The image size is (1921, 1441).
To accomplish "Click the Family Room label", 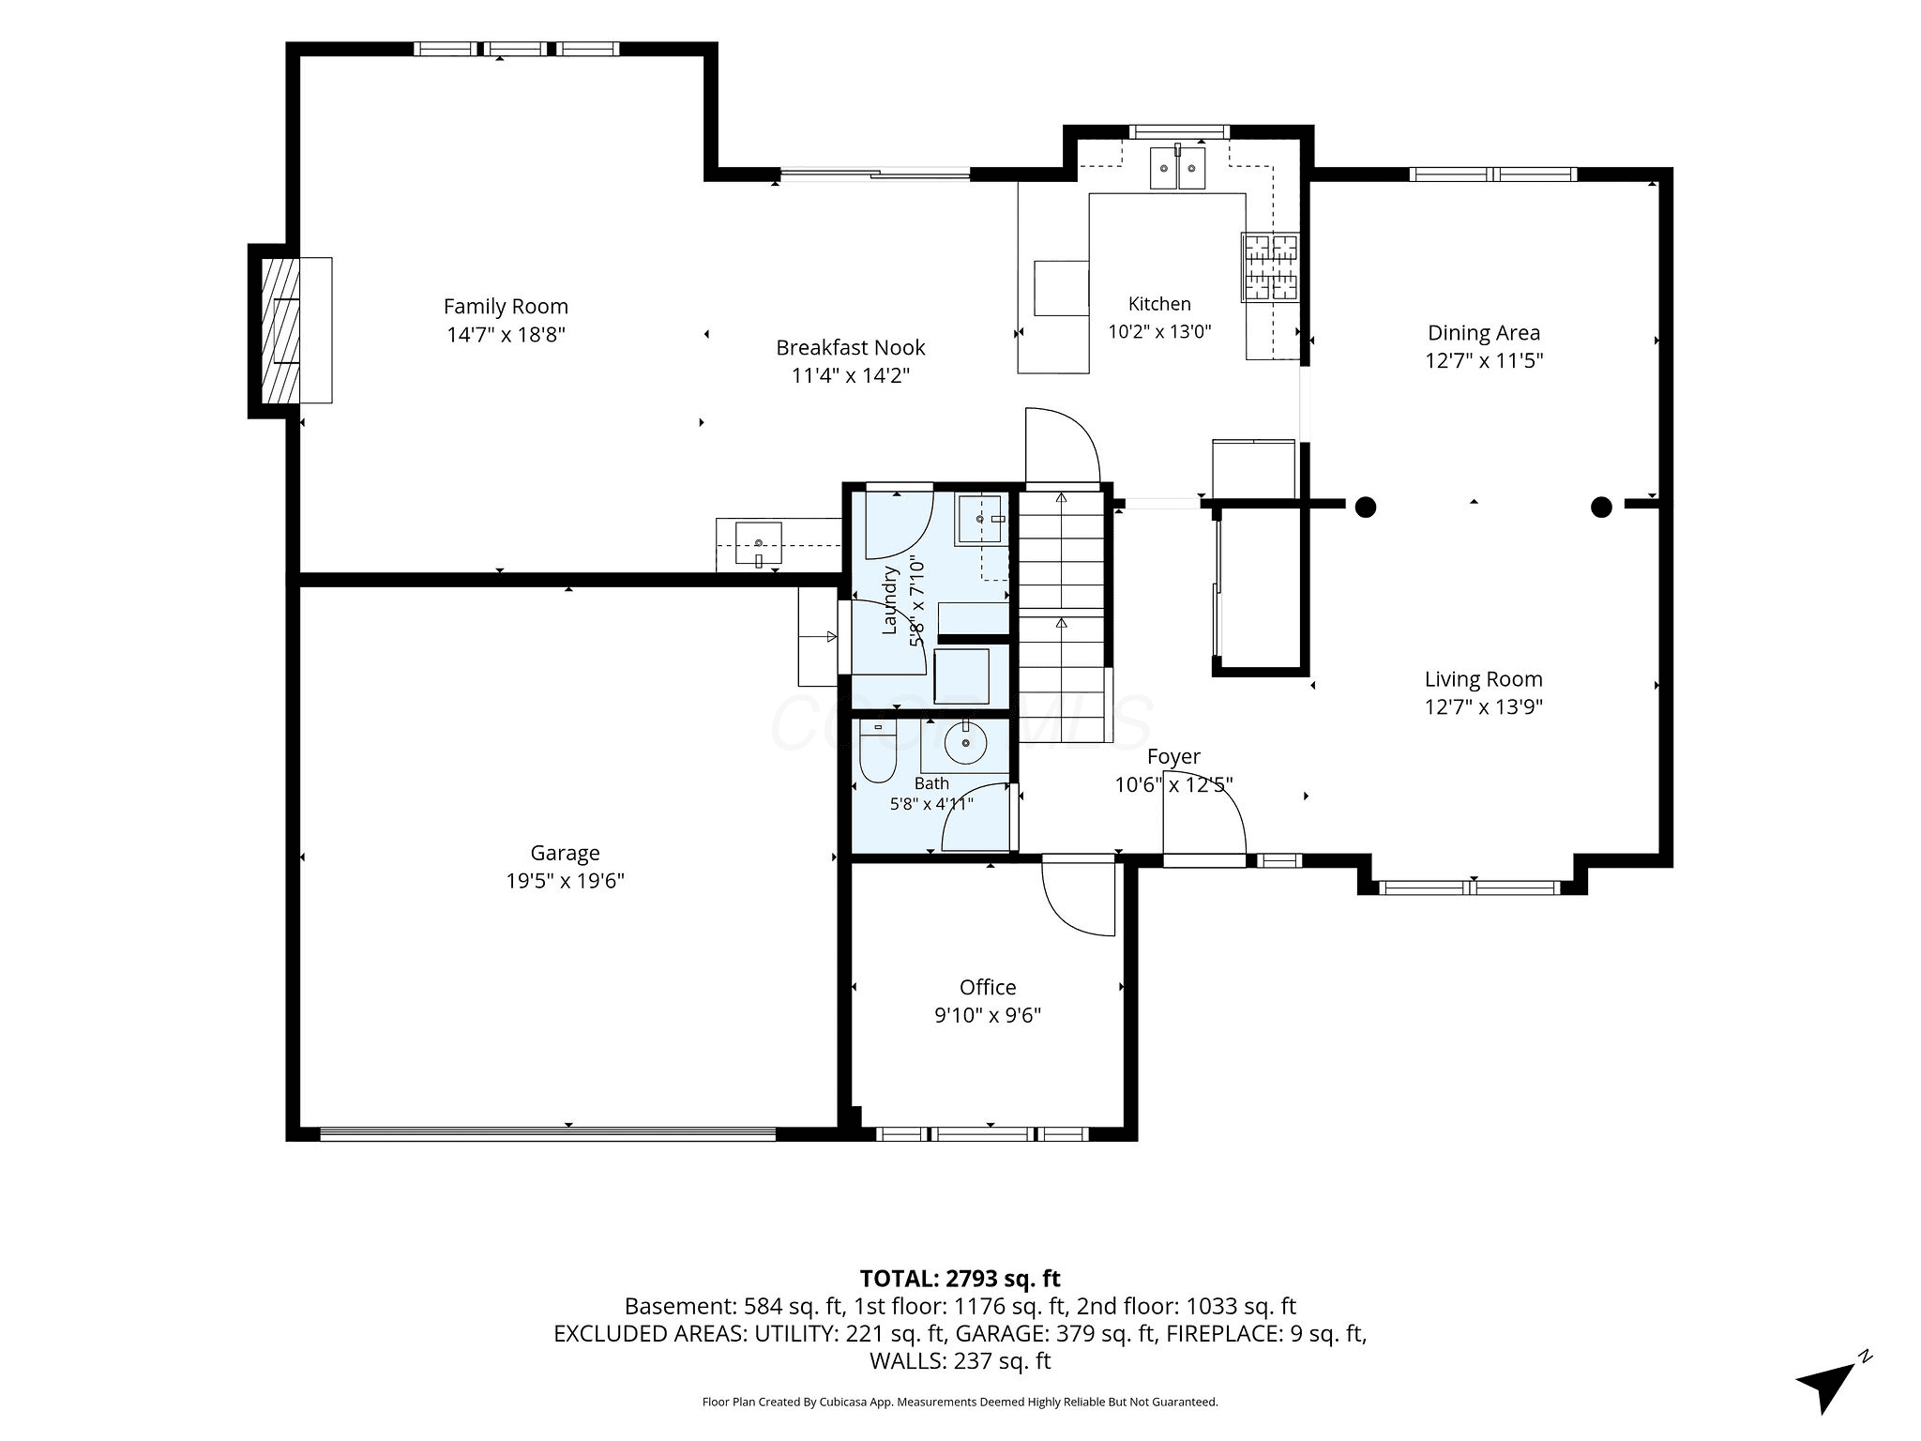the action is coord(506,307).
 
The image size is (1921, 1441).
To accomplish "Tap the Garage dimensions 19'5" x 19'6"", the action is coord(565,881).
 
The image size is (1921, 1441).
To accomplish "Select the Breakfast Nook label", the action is coord(850,348).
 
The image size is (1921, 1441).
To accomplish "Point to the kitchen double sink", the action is coord(1177,168).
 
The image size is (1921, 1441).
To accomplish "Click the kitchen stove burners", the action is coord(1271,267).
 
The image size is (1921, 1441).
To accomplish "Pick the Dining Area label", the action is coord(1484,333).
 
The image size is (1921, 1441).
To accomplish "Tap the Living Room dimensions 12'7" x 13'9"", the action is coord(1484,706).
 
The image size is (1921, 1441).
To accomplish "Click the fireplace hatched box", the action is coord(280,330).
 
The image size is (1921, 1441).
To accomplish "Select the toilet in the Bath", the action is coord(878,751).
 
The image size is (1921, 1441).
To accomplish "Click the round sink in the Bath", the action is coord(965,744).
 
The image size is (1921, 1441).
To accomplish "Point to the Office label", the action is coord(988,987).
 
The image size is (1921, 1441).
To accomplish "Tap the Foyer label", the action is coord(1173,757).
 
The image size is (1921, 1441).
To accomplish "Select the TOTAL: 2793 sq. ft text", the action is coord(960,1278).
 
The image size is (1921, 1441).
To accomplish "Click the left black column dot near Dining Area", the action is coord(1366,508).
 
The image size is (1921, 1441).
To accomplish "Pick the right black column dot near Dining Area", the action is coord(1601,508).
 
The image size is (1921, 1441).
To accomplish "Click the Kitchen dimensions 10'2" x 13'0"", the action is coord(1159,331).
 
